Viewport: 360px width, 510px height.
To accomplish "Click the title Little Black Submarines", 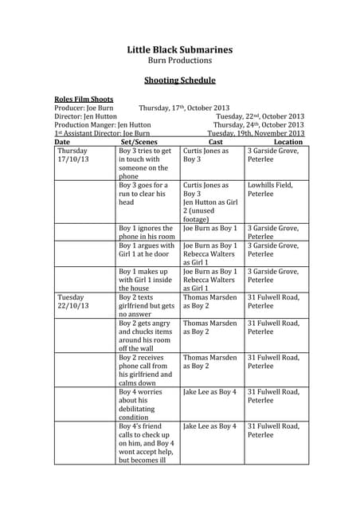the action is click(180, 49).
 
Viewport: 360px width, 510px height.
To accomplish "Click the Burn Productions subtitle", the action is click(180, 61).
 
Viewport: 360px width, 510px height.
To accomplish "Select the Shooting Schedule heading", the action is click(180, 80).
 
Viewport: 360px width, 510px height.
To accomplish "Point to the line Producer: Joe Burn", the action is click(84, 108).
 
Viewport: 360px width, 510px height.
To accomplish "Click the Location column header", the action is click(288, 142).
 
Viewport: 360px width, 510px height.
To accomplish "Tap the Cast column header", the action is click(215, 142).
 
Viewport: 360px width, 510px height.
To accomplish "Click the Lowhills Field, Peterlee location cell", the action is click(271, 190).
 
